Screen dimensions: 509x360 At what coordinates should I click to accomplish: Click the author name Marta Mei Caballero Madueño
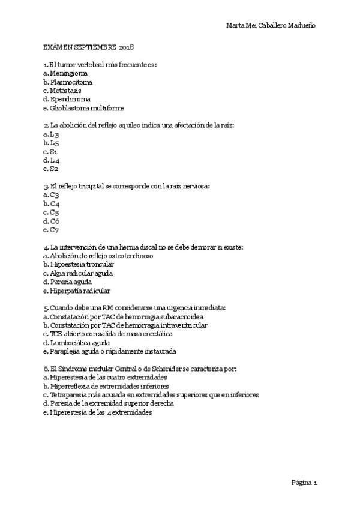coord(271,25)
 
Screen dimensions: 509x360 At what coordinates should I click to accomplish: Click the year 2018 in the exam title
coord(126,46)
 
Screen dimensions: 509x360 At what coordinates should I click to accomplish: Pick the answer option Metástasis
coord(62,90)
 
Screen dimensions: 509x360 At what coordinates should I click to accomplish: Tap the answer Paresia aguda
coord(67,282)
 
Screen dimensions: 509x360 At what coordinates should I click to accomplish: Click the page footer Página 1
coord(304,481)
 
